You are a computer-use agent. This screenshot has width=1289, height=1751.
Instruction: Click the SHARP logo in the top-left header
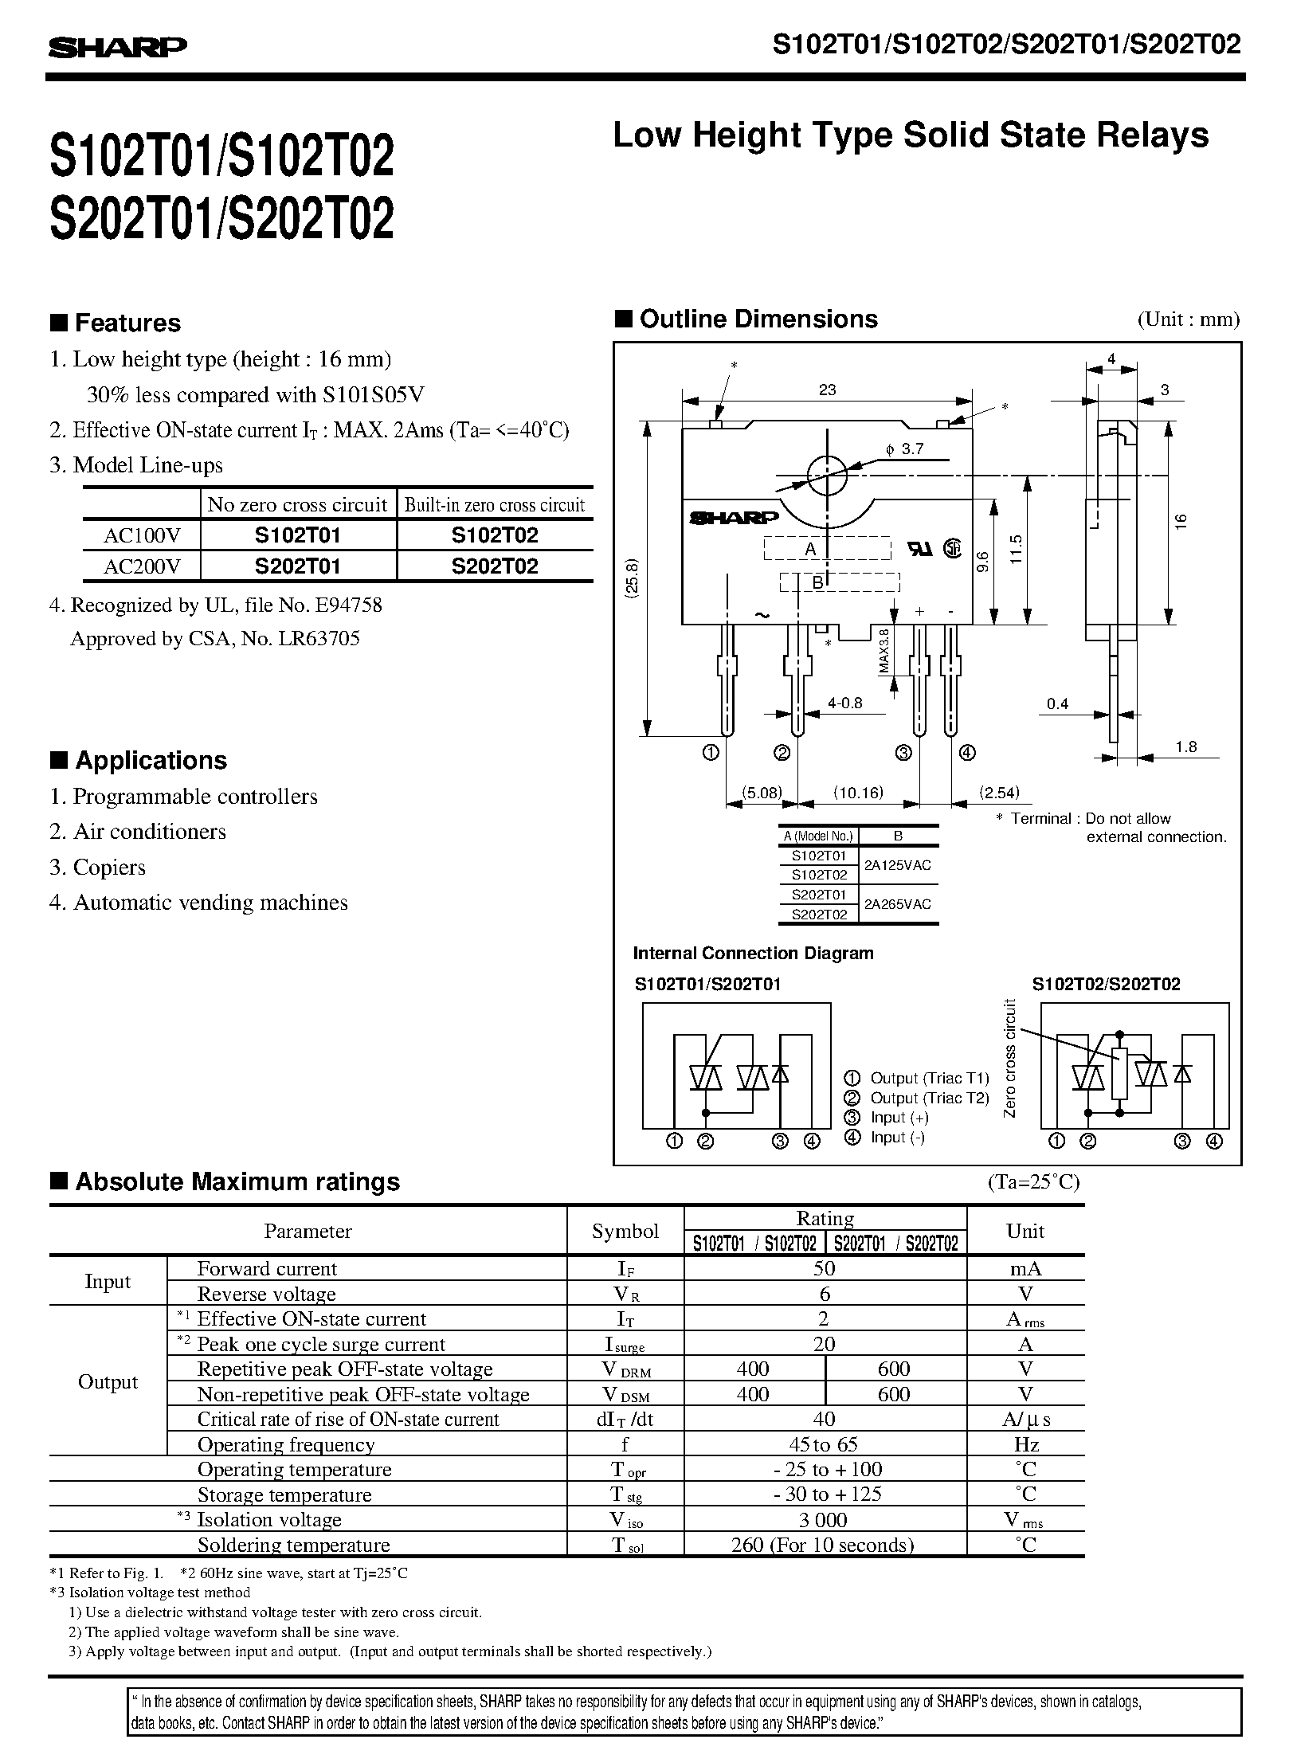tap(117, 49)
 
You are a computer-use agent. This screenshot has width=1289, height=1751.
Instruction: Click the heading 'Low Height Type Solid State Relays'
tap(910, 135)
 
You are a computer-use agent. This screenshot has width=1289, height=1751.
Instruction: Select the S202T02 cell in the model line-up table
tap(494, 566)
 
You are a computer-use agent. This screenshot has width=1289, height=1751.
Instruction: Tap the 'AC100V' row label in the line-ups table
tap(142, 535)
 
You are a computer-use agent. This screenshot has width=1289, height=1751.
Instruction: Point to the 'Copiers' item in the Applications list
tap(109, 867)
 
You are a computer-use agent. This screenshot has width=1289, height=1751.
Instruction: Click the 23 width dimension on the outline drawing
tap(827, 390)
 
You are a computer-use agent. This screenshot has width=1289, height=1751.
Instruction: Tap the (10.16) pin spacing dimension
tap(857, 793)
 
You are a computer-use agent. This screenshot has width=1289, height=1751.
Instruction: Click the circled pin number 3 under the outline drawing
tap(903, 752)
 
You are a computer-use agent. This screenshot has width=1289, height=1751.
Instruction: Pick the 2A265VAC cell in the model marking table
tap(898, 904)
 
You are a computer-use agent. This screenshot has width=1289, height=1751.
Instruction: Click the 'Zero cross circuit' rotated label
tap(1010, 1057)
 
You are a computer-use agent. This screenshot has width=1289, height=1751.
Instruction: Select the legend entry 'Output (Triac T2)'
tap(929, 1098)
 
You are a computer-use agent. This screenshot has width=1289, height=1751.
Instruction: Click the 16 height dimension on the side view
tap(1181, 523)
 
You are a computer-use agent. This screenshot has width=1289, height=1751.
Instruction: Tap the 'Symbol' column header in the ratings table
tap(625, 1231)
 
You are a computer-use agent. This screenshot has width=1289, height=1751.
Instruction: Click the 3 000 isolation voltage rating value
tap(824, 1519)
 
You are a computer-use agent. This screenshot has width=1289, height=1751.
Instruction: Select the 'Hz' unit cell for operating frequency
tap(1025, 1444)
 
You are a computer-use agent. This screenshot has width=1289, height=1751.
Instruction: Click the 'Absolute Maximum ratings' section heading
tap(237, 1181)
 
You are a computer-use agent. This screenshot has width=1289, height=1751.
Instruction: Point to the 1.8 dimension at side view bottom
tap(1185, 746)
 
